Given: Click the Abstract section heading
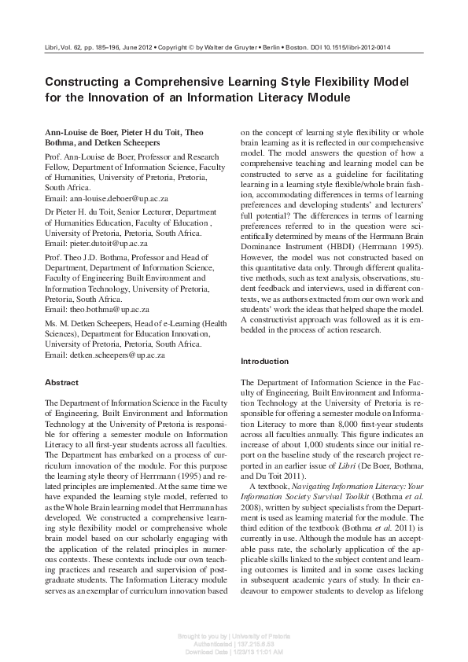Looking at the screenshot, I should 61,382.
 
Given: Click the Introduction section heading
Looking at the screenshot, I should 264,361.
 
